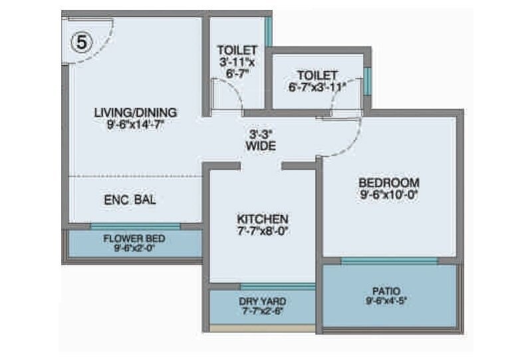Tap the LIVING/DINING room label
(135, 112)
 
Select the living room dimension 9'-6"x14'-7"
(136, 124)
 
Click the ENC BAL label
(130, 199)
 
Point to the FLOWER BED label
(134, 239)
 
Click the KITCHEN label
(263, 219)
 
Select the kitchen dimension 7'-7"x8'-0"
(263, 231)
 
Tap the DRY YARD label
(262, 301)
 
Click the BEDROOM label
(389, 183)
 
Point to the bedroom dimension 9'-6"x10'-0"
(389, 195)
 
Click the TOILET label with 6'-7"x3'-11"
(317, 81)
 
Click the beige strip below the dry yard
(262, 328)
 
